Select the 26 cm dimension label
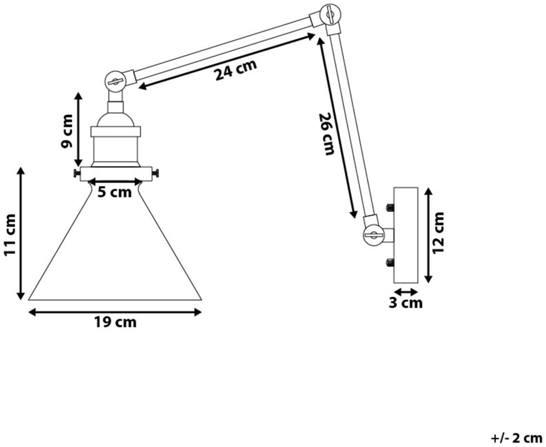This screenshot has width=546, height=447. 326,134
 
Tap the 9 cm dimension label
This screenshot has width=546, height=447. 67,131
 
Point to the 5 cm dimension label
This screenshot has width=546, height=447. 114,192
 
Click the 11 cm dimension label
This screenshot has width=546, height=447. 10,235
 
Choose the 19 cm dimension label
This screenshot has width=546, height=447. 115,322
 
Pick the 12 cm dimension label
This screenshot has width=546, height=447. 438,233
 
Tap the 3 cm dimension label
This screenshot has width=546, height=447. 406,303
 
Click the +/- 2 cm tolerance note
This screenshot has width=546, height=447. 516,437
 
